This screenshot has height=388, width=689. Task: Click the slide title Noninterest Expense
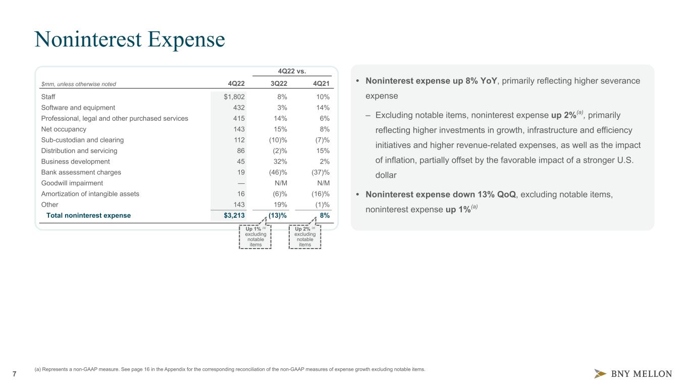point(129,39)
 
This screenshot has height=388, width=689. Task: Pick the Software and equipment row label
point(78,108)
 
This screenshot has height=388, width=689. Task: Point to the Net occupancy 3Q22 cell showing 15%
point(280,129)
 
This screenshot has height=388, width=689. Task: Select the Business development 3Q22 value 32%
point(280,162)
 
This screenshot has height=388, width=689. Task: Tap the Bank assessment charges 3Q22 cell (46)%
point(277,172)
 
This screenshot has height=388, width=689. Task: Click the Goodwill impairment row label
point(72,183)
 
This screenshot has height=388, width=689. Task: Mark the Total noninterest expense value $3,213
point(234,215)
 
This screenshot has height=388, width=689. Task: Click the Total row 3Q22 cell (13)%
point(278,215)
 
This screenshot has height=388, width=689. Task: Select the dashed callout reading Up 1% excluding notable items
point(255,237)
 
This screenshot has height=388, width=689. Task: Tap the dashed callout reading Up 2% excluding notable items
point(305,237)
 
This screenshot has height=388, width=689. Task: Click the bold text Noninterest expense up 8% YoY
point(431,81)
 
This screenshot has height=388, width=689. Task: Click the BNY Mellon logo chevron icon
point(600,374)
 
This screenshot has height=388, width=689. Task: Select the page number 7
point(14,374)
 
